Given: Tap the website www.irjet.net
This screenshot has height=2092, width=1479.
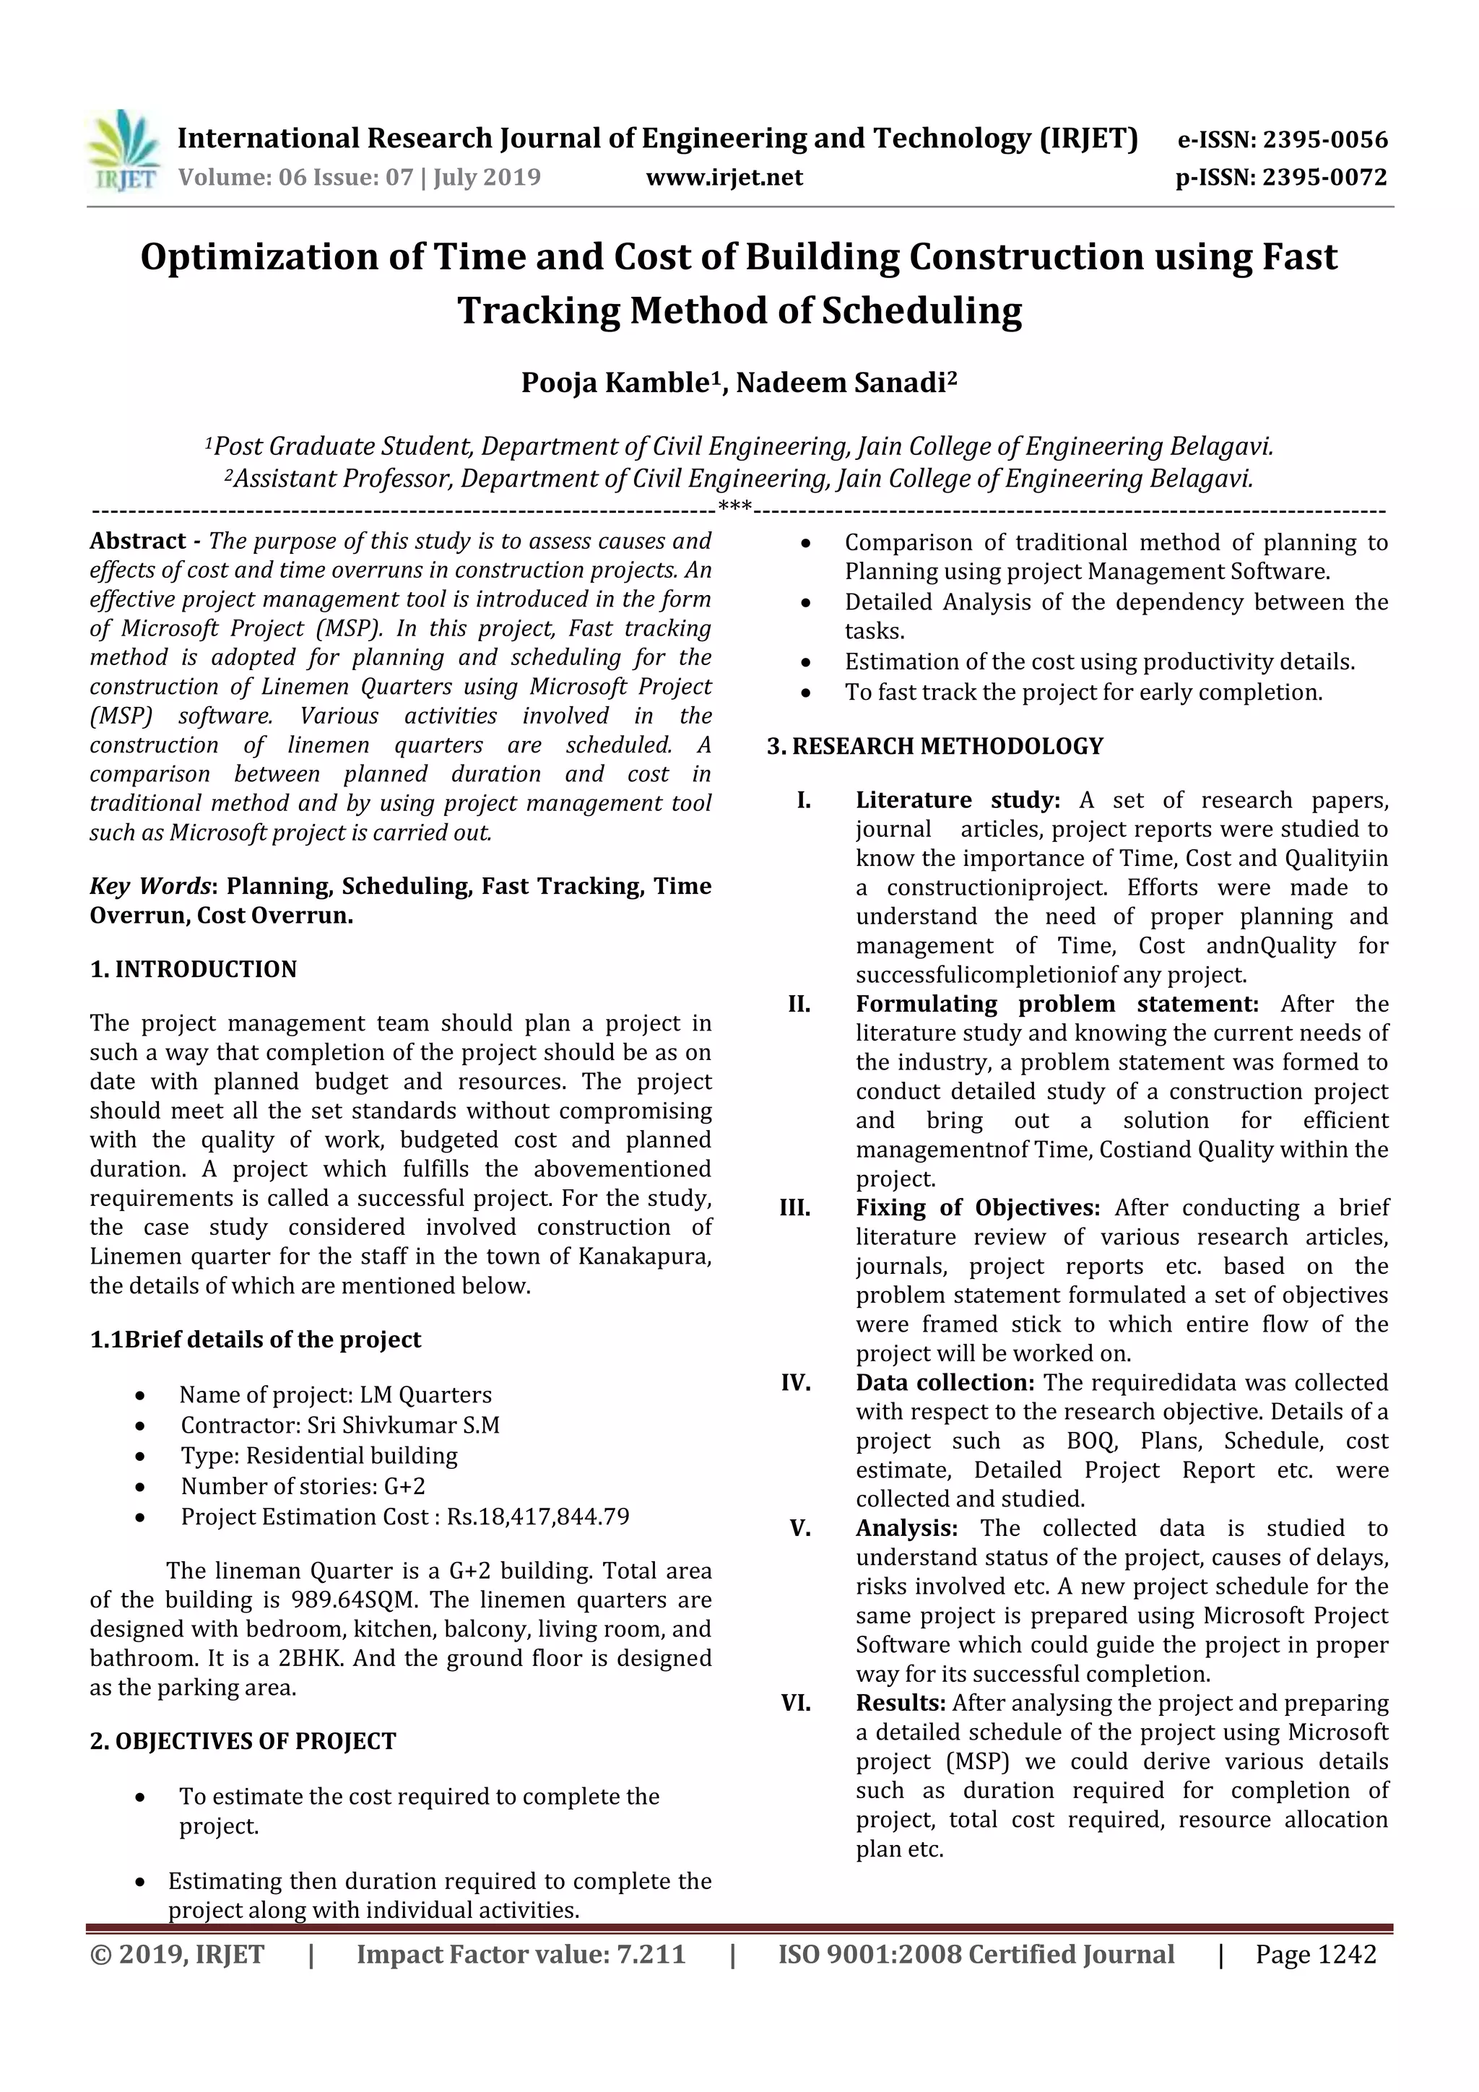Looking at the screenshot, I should click(x=724, y=177).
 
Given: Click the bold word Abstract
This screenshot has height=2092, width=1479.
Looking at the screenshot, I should click(x=138, y=541).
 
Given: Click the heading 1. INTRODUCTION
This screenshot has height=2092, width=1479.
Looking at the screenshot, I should click(x=194, y=970).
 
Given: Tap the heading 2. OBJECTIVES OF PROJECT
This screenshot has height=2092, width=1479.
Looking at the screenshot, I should click(x=243, y=1741).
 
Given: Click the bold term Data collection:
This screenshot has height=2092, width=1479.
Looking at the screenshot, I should click(x=944, y=1382).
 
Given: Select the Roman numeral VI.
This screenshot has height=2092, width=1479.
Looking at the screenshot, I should click(x=796, y=1703).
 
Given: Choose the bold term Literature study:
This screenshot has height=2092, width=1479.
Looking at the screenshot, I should click(x=958, y=800).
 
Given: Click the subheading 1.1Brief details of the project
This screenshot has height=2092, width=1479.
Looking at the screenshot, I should click(x=255, y=1340).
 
